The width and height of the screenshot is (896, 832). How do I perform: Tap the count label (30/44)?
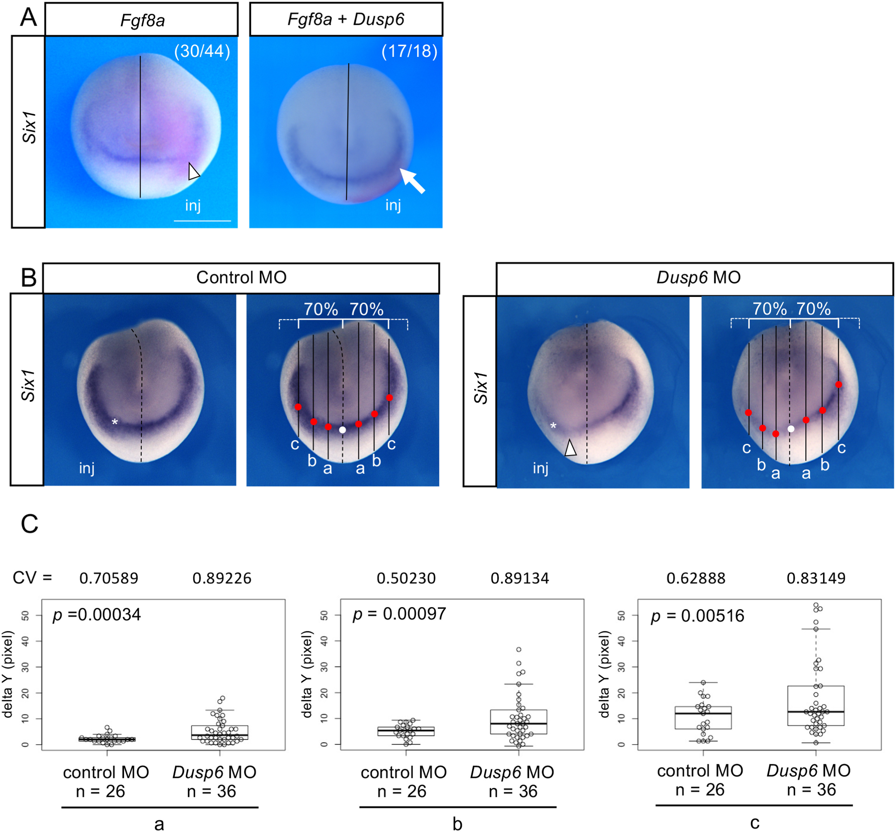pyautogui.click(x=202, y=51)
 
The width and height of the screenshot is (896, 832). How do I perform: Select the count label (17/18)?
pyautogui.click(x=409, y=51)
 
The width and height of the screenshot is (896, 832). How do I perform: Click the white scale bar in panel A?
pyautogui.click(x=202, y=221)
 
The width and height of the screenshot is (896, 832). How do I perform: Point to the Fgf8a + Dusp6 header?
pyautogui.click(x=346, y=19)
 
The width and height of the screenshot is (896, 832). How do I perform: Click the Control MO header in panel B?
pyautogui.click(x=241, y=277)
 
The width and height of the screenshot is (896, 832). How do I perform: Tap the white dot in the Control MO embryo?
pyautogui.click(x=343, y=430)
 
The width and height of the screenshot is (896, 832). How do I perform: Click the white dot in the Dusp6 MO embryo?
pyautogui.click(x=791, y=429)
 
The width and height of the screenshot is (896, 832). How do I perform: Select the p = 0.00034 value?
pyautogui.click(x=97, y=615)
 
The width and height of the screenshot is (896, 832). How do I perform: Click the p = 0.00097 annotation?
pyautogui.click(x=399, y=614)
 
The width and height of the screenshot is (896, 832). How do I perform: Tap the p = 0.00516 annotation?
pyautogui.click(x=697, y=616)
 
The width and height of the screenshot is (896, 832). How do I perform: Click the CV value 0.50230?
pyautogui.click(x=406, y=578)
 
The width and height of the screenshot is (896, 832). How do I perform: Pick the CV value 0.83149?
pyautogui.click(x=816, y=578)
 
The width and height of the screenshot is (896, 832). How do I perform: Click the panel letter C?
pyautogui.click(x=30, y=524)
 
